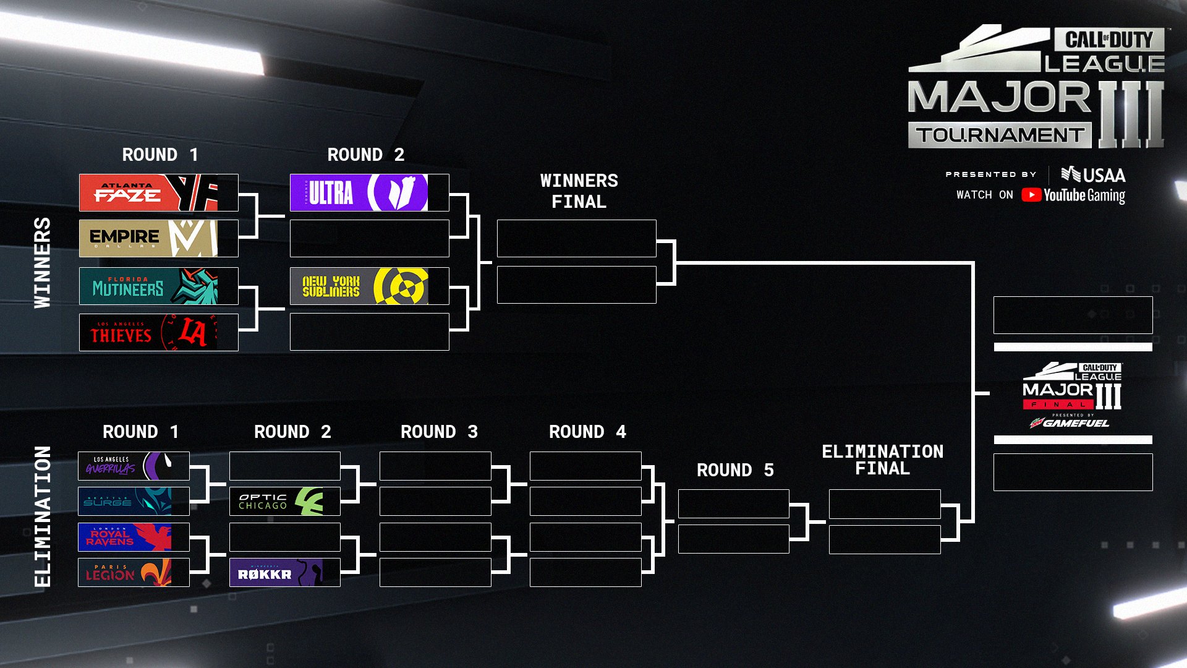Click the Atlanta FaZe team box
[x=158, y=192]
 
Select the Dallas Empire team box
[x=158, y=238]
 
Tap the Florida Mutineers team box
[x=158, y=286]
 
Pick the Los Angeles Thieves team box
[x=158, y=332]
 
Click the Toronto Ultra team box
[x=369, y=192]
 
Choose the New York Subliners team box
[x=369, y=286]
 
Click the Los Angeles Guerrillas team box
[x=134, y=466]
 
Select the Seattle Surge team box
[x=134, y=501]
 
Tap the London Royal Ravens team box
[x=134, y=537]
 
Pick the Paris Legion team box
[x=134, y=572]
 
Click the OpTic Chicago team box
[x=284, y=501]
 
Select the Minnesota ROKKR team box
[x=284, y=572]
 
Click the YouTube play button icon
[x=1031, y=195]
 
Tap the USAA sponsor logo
[x=1094, y=175]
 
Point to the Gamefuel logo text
[x=1075, y=423]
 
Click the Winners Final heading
[x=579, y=191]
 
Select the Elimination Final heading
[x=882, y=460]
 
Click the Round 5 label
[x=734, y=470]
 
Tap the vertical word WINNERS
[x=42, y=262]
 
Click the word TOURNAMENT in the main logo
[x=999, y=135]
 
